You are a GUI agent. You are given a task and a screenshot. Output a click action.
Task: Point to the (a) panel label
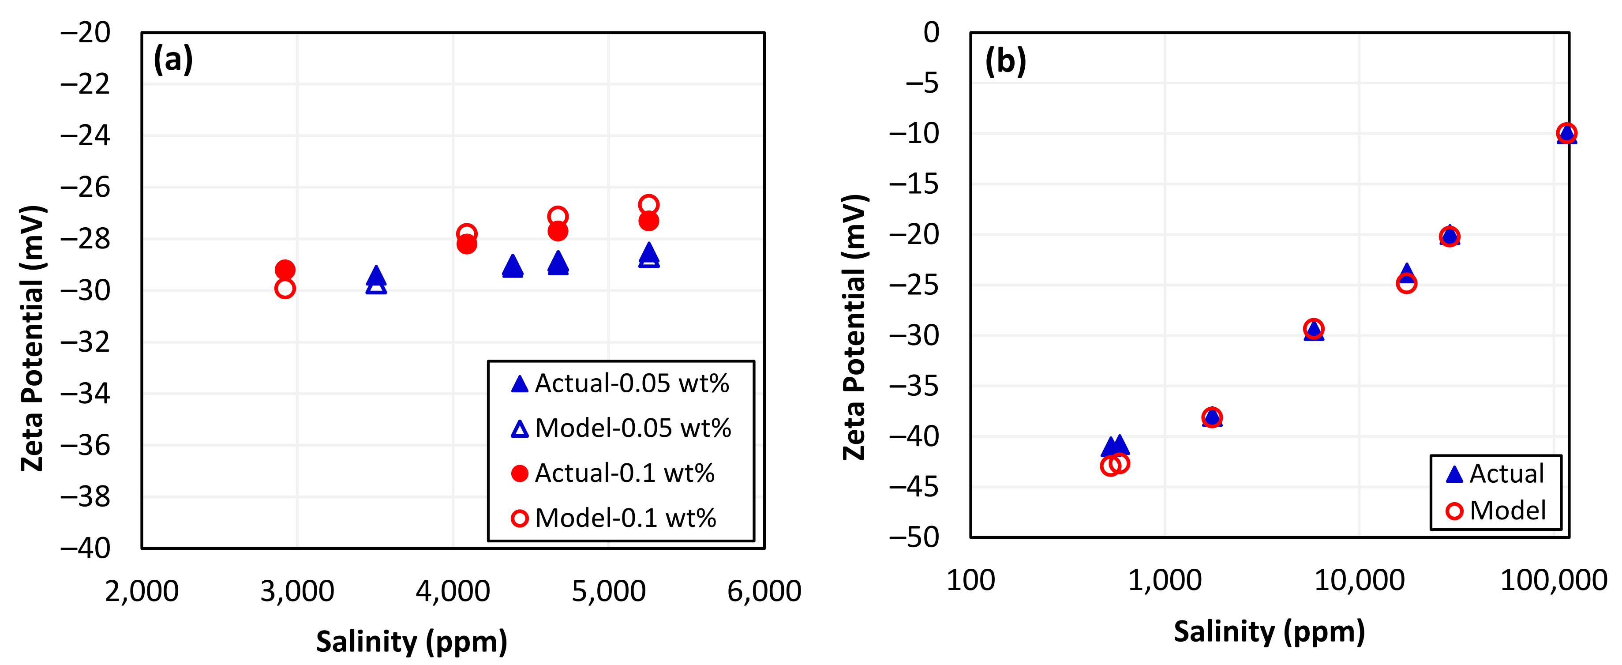pyautogui.click(x=173, y=60)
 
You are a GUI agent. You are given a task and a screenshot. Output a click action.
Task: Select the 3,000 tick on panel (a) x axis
pyautogui.click(x=297, y=591)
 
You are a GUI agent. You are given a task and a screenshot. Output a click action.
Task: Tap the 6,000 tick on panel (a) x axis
pyautogui.click(x=764, y=591)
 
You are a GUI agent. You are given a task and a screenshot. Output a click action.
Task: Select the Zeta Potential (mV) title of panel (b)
pyautogui.click(x=855, y=327)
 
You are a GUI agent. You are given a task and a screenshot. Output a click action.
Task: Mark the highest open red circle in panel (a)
pyautogui.click(x=648, y=205)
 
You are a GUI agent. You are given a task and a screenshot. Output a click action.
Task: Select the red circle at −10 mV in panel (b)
pyautogui.click(x=1566, y=133)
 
